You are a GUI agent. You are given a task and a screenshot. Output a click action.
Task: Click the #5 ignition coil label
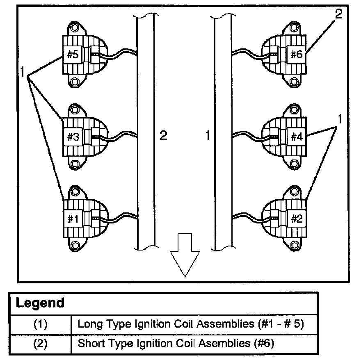click(x=73, y=55)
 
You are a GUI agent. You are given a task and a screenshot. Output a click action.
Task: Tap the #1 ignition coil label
click(x=73, y=219)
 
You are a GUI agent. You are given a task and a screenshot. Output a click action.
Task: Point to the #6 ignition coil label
click(x=296, y=55)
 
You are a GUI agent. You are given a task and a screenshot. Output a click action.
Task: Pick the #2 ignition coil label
click(x=296, y=219)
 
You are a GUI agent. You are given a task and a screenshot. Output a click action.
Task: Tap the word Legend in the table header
click(x=40, y=303)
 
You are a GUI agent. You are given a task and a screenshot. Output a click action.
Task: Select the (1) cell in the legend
click(x=40, y=324)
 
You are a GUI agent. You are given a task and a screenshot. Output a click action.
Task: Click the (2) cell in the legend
click(x=40, y=343)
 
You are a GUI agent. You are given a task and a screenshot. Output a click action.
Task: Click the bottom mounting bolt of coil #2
click(x=294, y=246)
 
